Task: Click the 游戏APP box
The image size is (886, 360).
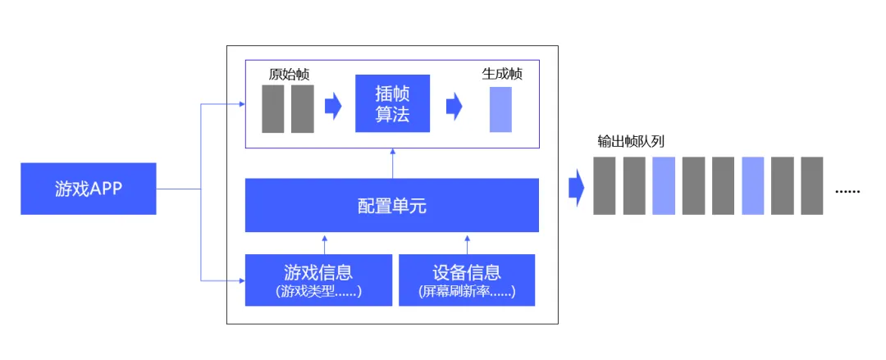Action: tap(89, 189)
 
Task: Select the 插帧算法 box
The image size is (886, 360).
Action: tap(392, 103)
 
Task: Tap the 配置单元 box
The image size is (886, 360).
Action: tap(392, 205)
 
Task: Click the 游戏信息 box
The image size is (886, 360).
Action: tap(318, 280)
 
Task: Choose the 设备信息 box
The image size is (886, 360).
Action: tap(467, 280)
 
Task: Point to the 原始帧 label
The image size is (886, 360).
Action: tap(289, 74)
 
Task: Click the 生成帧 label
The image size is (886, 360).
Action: tap(502, 74)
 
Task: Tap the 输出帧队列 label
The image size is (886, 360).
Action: tap(630, 140)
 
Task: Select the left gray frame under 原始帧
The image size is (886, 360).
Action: tap(273, 108)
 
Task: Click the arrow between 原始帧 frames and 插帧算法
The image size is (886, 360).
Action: tap(332, 107)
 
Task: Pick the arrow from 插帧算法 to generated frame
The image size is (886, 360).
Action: tap(454, 107)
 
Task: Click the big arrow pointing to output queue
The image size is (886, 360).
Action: tap(576, 189)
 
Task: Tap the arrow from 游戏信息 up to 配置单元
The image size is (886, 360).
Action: tap(325, 244)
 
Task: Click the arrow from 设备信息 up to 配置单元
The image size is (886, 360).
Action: tap(468, 244)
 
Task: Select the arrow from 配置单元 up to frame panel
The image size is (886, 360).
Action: tap(392, 163)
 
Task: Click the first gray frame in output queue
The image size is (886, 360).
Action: tap(605, 186)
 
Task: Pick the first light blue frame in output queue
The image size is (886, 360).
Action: tap(664, 186)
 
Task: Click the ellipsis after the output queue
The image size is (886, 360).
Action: tap(847, 190)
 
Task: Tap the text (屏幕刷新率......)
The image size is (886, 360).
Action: tap(467, 292)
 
